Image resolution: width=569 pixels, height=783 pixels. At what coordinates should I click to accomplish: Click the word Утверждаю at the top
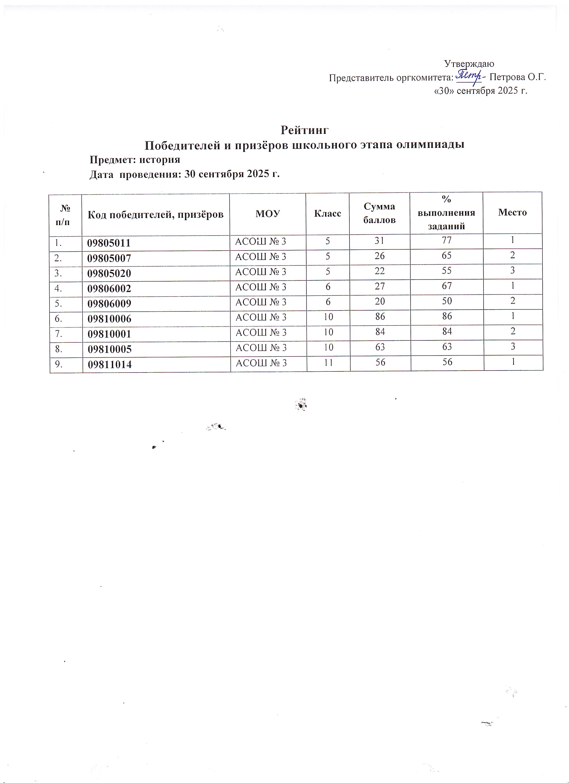tap(469, 64)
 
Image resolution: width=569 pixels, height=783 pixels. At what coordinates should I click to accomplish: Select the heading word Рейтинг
tap(305, 130)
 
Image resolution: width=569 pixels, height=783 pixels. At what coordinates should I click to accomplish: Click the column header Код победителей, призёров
tap(155, 215)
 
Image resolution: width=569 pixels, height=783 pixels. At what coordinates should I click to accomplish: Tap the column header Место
tap(512, 212)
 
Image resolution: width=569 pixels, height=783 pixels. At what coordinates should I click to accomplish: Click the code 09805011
tap(109, 243)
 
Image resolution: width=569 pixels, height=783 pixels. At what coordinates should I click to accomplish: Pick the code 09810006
tap(110, 319)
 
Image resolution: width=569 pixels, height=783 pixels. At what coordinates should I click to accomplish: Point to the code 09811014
tap(110, 364)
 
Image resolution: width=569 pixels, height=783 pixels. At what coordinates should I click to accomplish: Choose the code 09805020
tap(109, 273)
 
